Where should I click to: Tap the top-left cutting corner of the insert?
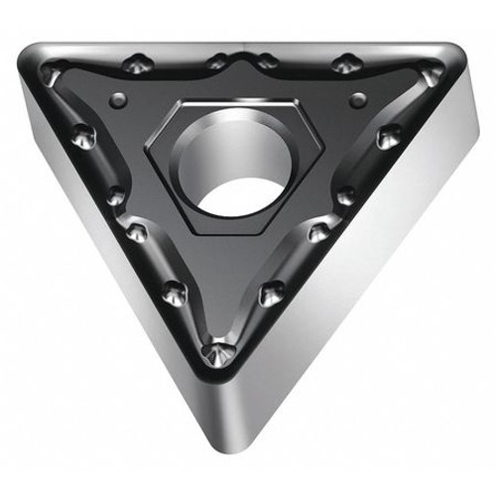click(40, 62)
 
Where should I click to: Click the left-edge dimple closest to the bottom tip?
click(175, 291)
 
